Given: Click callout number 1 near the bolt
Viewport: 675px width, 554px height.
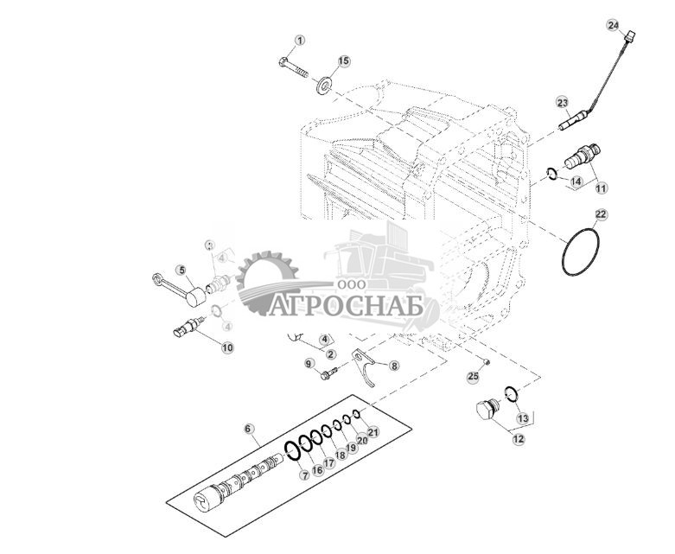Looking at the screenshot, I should [300, 41].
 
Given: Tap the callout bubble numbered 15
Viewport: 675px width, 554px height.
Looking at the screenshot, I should [343, 60].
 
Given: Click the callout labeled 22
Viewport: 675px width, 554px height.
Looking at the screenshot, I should [600, 214].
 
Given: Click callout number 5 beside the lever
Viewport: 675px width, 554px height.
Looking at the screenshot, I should [181, 270].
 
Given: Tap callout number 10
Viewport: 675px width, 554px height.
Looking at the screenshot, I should [227, 347].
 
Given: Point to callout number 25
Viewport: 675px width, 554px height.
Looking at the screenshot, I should [473, 376].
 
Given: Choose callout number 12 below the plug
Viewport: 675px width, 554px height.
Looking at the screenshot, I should [518, 439].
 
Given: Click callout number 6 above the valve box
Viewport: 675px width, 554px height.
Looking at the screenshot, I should [250, 429].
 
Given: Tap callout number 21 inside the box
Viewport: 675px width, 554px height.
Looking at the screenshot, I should [373, 431].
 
